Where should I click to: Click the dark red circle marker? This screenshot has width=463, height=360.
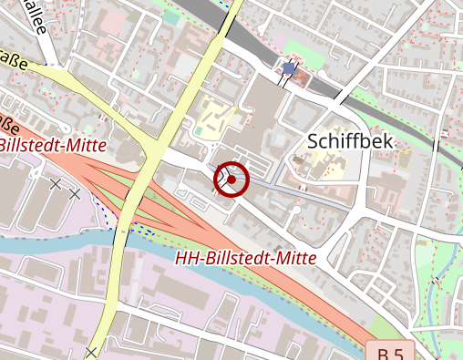point(231,180)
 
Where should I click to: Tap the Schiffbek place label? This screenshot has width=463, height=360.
point(350,141)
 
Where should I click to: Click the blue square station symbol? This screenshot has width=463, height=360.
point(289,68)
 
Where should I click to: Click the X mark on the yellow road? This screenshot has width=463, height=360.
point(91,352)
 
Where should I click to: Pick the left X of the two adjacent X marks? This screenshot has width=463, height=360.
point(56,184)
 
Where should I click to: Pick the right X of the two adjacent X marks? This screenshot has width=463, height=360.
point(75,194)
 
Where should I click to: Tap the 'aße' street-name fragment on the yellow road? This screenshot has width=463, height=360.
point(13,63)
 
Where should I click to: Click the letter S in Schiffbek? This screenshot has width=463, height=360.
point(314,141)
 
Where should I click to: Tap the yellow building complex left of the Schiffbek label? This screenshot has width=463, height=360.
point(217,116)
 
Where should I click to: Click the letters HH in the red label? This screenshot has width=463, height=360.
point(186,259)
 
